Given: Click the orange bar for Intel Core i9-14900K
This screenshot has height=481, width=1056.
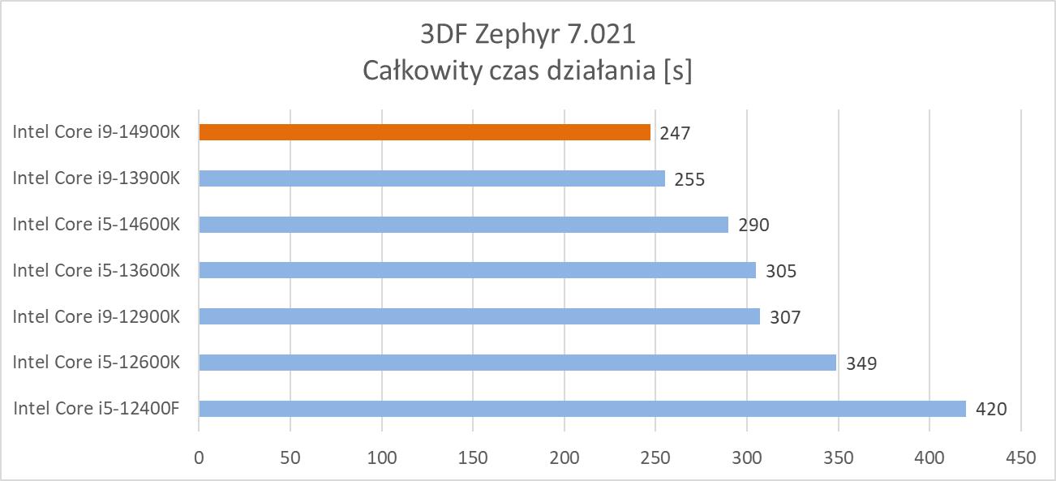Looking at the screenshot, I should point(424,132).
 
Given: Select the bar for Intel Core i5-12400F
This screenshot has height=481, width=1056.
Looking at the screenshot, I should point(582,408).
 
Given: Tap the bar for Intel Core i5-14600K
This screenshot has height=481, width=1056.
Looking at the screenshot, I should point(463,224).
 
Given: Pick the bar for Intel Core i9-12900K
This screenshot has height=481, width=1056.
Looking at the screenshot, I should point(479,316).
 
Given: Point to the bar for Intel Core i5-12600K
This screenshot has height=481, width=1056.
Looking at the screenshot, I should point(517,363).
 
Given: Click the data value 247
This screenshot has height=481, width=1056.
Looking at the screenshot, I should point(675,133).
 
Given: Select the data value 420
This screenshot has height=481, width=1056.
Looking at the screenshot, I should point(991,409).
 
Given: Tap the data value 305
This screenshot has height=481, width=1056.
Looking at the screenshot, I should point(781,271).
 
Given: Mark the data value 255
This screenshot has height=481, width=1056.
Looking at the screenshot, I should point(689,179).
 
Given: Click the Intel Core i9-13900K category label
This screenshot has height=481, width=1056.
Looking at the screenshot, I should point(96,178).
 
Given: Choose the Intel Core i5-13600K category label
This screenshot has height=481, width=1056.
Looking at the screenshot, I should point(96,270).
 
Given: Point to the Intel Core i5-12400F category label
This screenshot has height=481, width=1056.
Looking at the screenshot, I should point(96,408).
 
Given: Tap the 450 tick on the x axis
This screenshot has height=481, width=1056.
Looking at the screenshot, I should point(1020,457).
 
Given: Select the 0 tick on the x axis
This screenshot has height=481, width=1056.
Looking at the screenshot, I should point(199,457).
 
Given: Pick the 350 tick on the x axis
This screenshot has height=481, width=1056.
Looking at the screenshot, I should point(838,457).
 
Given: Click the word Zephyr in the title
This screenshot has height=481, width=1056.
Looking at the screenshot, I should point(517,36).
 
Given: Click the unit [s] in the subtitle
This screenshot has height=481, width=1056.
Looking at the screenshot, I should point(676,71).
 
